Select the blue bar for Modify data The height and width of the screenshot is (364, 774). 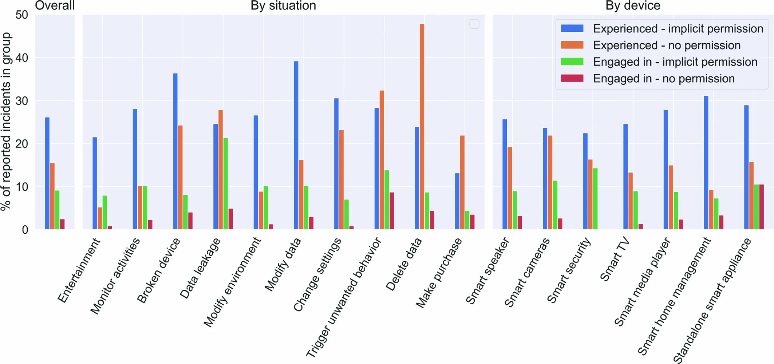click(x=296, y=145)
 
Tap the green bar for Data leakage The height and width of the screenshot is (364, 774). click(x=226, y=184)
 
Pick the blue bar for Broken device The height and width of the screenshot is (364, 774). click(x=175, y=151)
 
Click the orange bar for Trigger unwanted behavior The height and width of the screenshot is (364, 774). click(x=382, y=160)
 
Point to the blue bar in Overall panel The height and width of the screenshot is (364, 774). click(x=47, y=173)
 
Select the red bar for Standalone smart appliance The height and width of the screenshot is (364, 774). click(x=761, y=207)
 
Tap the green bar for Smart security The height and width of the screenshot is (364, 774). click(x=595, y=199)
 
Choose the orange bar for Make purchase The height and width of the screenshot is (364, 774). click(x=462, y=182)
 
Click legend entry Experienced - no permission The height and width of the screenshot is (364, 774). click(x=666, y=45)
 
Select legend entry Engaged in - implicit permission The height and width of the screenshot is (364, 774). click(x=675, y=62)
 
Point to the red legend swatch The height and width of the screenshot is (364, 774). click(x=572, y=78)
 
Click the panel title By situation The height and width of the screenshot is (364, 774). click(x=283, y=5)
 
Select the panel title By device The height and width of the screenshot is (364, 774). click(x=632, y=5)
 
